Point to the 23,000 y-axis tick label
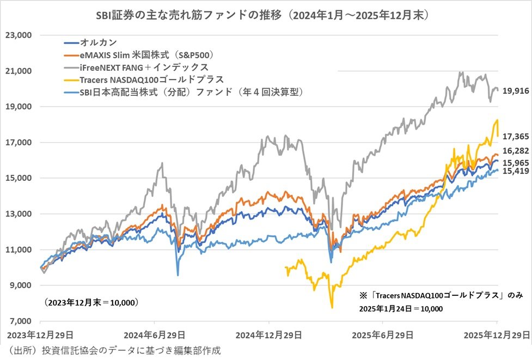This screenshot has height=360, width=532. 19,35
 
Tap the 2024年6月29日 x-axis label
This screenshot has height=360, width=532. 154,334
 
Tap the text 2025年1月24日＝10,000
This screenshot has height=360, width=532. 401,308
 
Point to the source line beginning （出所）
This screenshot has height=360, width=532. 114,350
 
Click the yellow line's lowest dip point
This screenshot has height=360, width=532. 332,308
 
